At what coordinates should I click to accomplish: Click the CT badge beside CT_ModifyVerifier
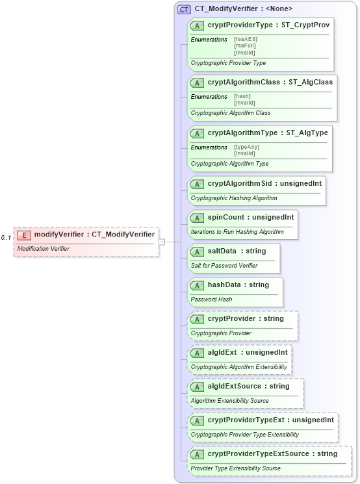pos(185,9)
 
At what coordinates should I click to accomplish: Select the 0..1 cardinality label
pos(5,238)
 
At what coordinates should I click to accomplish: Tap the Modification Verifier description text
pos(43,249)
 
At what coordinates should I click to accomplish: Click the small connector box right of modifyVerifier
pos(162,242)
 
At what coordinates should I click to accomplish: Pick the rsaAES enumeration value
pos(245,40)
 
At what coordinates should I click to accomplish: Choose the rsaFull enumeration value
pos(246,45)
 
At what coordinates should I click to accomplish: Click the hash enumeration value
pos(242,96)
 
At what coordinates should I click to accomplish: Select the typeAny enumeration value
pos(246,147)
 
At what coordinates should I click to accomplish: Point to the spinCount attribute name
pos(227,217)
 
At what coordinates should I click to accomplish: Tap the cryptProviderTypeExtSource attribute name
pos(258,453)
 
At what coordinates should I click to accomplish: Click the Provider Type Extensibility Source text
pos(235,468)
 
